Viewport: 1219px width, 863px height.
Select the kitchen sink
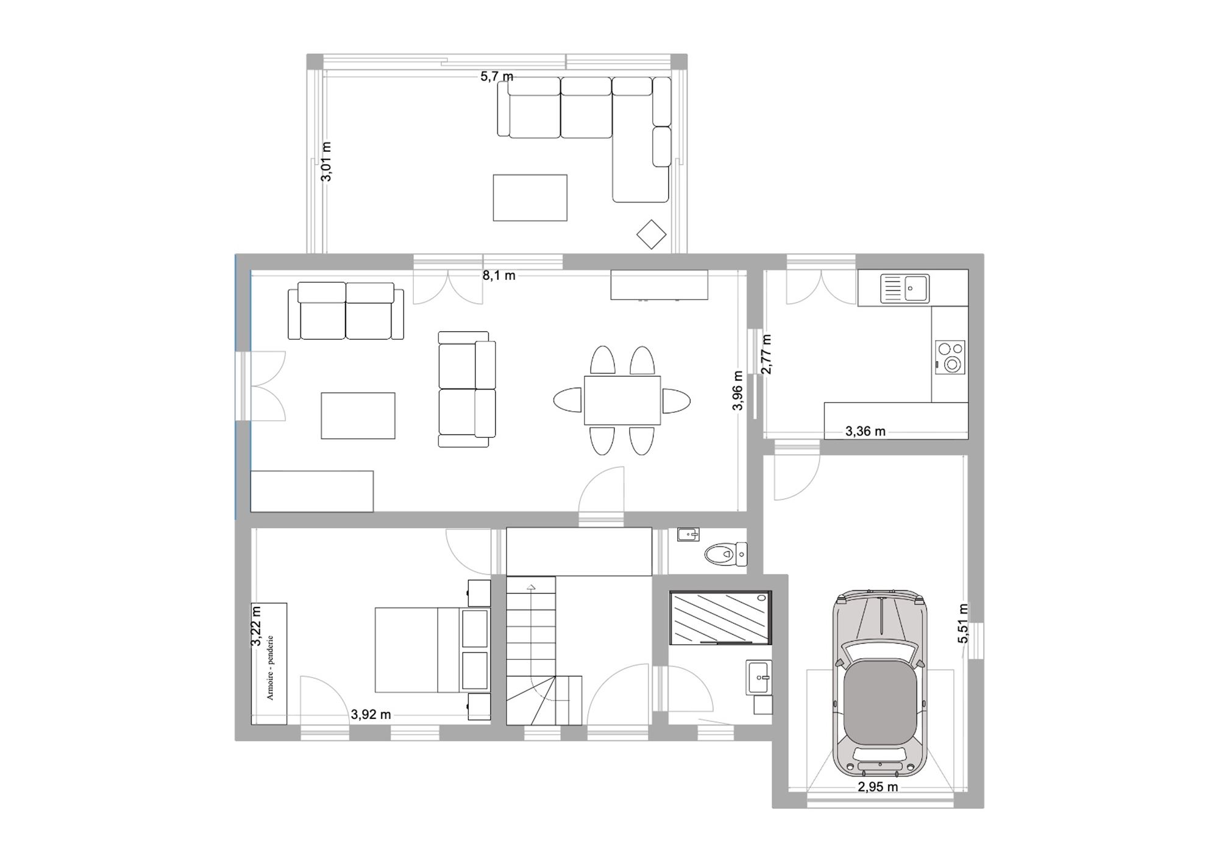pos(904,288)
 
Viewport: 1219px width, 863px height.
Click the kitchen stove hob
pos(951,357)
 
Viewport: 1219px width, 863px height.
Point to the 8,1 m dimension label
pos(499,276)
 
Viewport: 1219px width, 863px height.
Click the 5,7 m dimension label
pos(497,76)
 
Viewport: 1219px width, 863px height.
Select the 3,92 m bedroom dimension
pos(371,714)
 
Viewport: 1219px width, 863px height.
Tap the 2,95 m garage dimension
pos(878,787)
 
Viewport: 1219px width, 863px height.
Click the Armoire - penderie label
pos(270,667)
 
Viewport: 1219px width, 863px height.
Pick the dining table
pos(622,400)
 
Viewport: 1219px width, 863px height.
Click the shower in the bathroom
pos(720,617)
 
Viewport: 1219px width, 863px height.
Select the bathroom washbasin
pos(759,677)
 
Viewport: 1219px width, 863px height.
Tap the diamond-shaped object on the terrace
pos(652,234)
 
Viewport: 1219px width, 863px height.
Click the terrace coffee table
pos(530,198)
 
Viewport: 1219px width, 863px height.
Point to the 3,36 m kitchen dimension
pos(865,432)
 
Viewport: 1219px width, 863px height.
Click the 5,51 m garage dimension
pos(963,623)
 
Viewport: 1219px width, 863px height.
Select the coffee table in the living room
pos(358,415)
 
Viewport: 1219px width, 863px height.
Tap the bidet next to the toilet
pos(688,535)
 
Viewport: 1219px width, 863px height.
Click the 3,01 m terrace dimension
pos(327,162)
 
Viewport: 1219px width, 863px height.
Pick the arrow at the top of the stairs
pos(531,587)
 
